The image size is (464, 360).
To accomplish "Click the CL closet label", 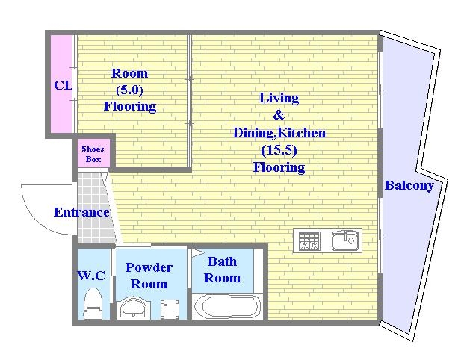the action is [x=63, y=85].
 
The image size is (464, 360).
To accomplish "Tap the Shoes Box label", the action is [x=93, y=154].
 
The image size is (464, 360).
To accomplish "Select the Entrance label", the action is [x=81, y=212].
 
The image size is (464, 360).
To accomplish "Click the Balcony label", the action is [x=409, y=186].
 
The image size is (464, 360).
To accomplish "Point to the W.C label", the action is [x=91, y=276].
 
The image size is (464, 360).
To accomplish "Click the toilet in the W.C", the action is [x=93, y=303].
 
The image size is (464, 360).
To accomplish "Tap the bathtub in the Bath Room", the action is [x=228, y=306].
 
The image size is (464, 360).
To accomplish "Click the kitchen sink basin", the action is [x=345, y=240].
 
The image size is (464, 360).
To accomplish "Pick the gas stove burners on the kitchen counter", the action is [x=309, y=241].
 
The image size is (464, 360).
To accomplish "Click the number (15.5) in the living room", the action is [x=279, y=150].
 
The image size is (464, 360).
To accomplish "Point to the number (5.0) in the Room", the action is [x=129, y=90].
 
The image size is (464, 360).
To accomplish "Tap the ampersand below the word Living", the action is [x=279, y=115].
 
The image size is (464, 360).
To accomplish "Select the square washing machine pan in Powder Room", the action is [x=170, y=309].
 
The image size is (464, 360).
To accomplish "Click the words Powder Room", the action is [x=149, y=276].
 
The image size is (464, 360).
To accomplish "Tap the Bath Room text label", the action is [x=222, y=270].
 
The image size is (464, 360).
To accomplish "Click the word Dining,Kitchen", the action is [x=279, y=133].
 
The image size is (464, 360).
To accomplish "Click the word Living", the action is [x=279, y=98].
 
